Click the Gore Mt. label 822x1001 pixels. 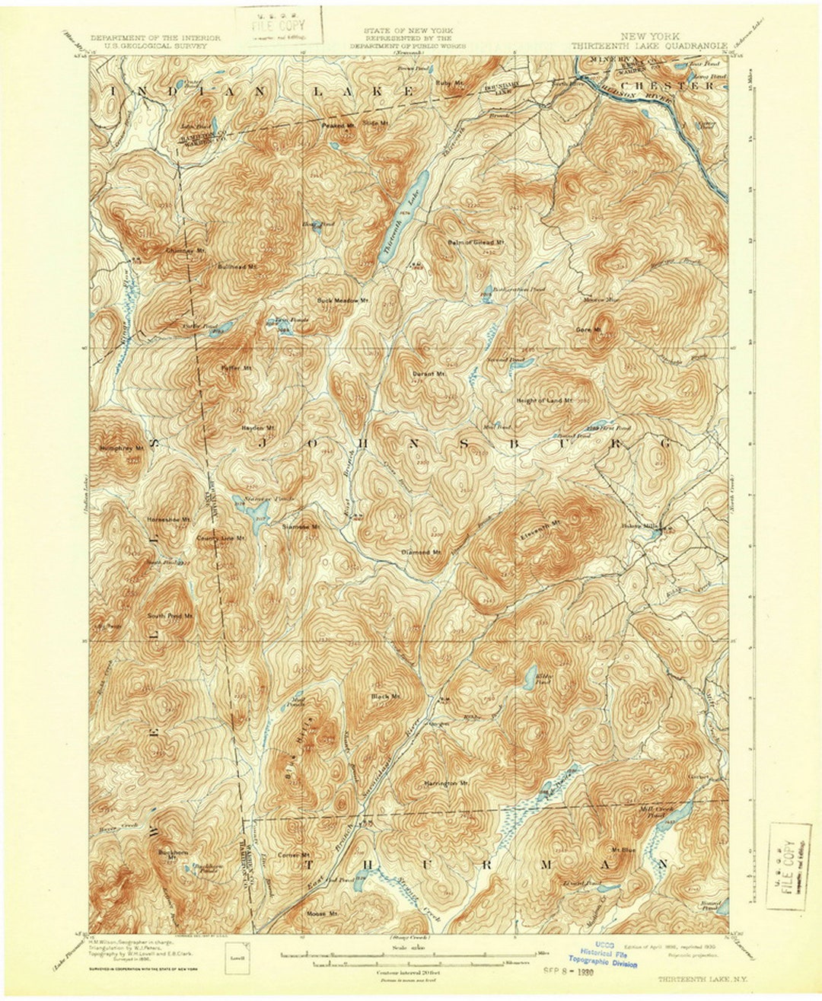click(x=588, y=330)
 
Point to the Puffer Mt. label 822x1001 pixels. click(x=236, y=368)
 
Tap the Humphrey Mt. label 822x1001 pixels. click(x=122, y=448)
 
